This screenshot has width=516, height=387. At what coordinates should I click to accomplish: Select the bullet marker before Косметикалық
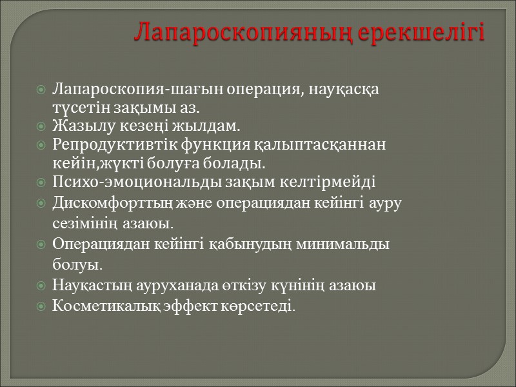coord(41,304)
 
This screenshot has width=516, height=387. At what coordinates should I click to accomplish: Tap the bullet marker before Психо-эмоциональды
coord(41,183)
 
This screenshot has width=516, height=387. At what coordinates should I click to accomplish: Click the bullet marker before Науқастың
coord(41,285)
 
